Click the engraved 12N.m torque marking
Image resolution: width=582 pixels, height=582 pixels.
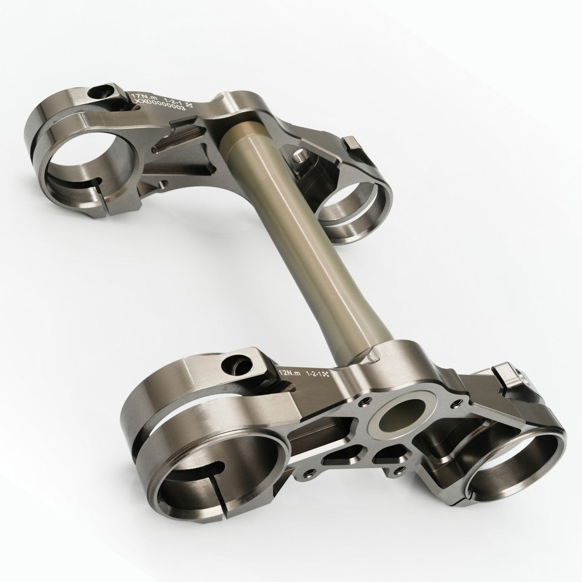[x=290, y=372]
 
